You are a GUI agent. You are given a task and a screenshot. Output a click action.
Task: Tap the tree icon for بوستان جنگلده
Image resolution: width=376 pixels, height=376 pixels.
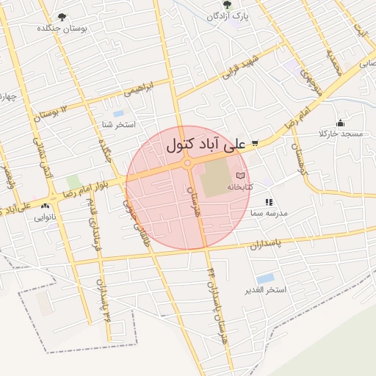pyautogui.click(x=61, y=16)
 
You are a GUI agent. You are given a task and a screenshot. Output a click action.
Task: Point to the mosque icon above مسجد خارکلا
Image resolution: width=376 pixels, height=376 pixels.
pyautogui.click(x=339, y=123)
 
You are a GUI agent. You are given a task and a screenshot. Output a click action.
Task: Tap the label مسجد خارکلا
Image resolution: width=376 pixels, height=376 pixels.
pyautogui.click(x=341, y=134)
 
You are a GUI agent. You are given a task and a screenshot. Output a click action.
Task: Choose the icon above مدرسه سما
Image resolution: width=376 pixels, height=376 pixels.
pyautogui.click(x=269, y=201)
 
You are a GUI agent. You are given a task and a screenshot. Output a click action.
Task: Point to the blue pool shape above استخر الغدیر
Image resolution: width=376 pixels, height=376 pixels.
pyautogui.click(x=265, y=278)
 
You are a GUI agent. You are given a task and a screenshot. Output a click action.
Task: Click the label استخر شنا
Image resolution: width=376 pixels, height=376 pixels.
pyautogui.click(x=118, y=124)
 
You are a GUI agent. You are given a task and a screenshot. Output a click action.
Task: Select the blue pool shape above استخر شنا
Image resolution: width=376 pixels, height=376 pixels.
pyautogui.click(x=118, y=113)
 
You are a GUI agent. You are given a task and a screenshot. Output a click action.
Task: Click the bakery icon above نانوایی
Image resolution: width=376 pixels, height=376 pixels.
pyautogui.click(x=47, y=206)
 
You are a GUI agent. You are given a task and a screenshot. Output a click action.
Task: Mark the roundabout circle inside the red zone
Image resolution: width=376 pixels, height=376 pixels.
pyautogui.click(x=188, y=163)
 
